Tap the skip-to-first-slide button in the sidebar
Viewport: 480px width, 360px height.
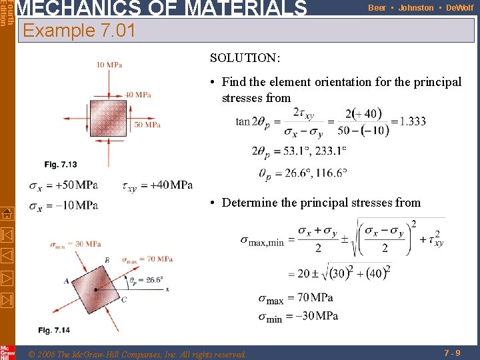coord(7,235)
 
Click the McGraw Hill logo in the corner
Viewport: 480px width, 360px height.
coord(7,353)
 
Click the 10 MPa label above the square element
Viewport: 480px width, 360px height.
coord(109,65)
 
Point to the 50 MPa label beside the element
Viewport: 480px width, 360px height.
coord(147,124)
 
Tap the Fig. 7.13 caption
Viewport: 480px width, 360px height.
coord(61,165)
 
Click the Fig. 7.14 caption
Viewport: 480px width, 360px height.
coord(54,330)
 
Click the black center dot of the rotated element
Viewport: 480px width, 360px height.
coord(96,289)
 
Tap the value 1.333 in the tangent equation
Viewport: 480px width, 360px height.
coord(412,121)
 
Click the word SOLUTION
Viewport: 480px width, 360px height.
coord(245,58)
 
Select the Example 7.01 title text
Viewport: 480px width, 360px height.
coord(79,31)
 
